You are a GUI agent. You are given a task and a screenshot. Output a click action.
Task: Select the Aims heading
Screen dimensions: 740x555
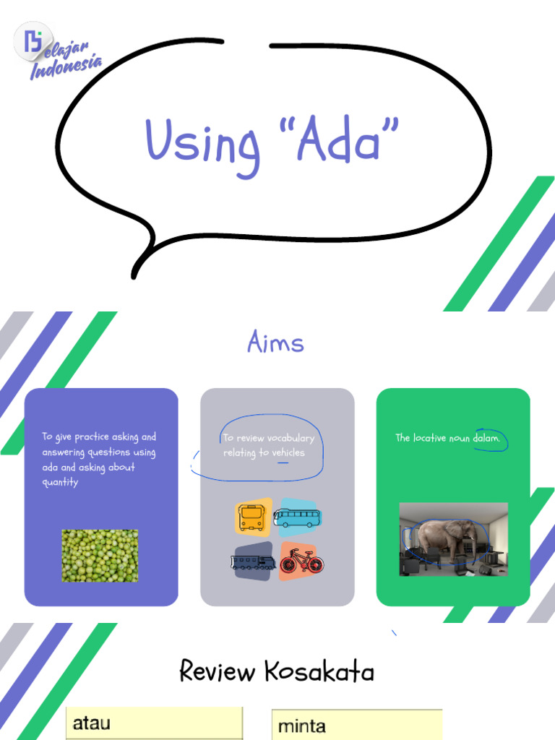(x=275, y=342)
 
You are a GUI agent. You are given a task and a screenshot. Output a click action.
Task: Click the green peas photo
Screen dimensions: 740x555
(x=100, y=555)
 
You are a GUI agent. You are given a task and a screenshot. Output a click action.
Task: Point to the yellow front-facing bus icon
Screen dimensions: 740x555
(x=252, y=517)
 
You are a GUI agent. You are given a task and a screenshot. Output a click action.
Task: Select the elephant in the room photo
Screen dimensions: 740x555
(x=453, y=539)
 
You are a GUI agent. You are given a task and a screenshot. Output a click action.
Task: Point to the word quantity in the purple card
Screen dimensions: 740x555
(x=60, y=483)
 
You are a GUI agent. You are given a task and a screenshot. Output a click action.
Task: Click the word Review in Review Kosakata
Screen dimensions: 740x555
(x=218, y=672)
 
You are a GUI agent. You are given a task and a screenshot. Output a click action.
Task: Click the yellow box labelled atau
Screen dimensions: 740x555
(x=154, y=723)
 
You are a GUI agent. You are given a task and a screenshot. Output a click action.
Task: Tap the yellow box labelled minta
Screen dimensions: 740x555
(x=356, y=725)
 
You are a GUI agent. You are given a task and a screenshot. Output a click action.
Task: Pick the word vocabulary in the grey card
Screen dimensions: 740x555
(x=291, y=438)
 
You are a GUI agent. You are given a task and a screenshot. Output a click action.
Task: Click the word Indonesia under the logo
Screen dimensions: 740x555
(x=65, y=66)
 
